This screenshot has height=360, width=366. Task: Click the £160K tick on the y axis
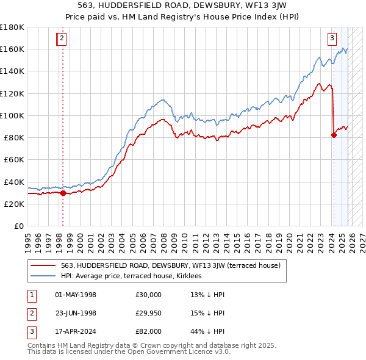(x=12, y=49)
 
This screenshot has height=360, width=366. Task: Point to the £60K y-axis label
(x=13, y=159)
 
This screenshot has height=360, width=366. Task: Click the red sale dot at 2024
(x=334, y=135)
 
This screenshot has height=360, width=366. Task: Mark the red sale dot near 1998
(x=63, y=193)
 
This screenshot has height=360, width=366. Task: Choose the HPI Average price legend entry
(x=131, y=276)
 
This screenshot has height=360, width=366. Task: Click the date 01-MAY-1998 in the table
(x=76, y=295)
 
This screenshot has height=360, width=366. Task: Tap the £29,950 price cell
(x=149, y=314)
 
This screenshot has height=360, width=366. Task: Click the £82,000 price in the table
(x=149, y=332)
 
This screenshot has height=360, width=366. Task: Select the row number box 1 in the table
(x=31, y=295)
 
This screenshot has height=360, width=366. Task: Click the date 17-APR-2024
(x=76, y=332)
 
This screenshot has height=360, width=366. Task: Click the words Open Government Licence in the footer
(x=173, y=352)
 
